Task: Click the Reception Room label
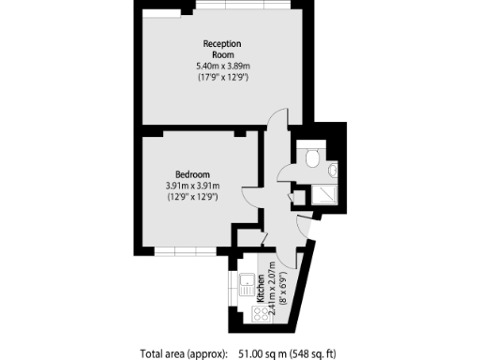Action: click(x=222, y=49)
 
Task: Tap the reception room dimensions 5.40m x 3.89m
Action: click(x=222, y=66)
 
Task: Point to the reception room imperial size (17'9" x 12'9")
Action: click(x=222, y=77)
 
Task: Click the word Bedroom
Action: click(x=191, y=174)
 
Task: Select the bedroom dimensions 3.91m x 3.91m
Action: click(x=191, y=186)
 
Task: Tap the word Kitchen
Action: click(x=260, y=305)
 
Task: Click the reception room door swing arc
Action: click(x=273, y=123)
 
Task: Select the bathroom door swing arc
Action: click(x=285, y=171)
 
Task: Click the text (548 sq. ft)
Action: click(x=315, y=353)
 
